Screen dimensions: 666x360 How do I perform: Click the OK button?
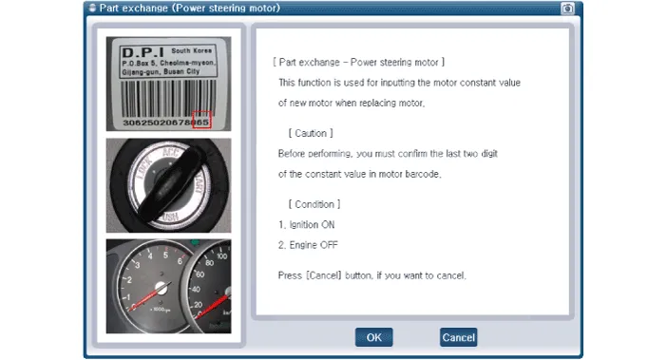click(373, 337)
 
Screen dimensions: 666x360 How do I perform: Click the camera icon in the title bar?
click(567, 8)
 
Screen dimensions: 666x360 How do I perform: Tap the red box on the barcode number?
click(201, 120)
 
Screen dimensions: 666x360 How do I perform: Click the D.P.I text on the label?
click(143, 52)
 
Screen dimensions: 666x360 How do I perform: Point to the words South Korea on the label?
click(191, 50)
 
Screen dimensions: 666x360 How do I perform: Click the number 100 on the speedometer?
click(221, 256)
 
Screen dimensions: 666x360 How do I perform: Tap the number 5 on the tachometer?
click(165, 255)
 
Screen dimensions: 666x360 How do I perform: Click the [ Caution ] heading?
click(311, 133)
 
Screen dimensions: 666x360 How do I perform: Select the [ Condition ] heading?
click(314, 204)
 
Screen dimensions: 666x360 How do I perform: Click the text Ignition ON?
click(312, 224)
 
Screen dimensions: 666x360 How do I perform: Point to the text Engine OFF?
click(314, 245)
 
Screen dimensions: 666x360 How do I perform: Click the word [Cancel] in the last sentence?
click(324, 275)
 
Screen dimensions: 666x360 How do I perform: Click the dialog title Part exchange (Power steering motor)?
click(189, 8)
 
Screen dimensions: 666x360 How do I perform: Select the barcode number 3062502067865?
click(165, 123)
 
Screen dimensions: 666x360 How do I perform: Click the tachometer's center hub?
click(162, 288)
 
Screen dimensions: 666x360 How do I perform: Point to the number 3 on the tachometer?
click(137, 265)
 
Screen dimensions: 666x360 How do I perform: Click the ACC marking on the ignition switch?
click(170, 152)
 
